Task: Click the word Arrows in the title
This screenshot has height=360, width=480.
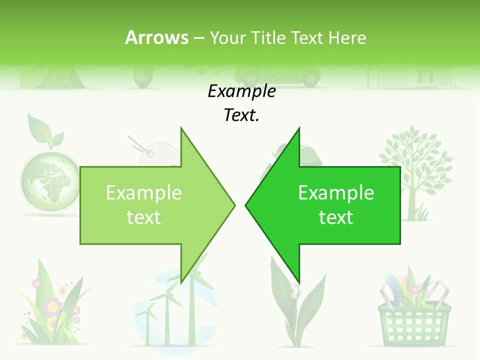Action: (156, 37)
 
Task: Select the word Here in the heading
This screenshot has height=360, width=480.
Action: (347, 37)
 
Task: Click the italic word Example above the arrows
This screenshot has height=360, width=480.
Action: (241, 91)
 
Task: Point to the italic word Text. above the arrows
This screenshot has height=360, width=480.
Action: (241, 115)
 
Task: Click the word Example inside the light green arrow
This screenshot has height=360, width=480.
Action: (143, 193)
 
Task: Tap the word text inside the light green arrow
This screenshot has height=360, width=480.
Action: (143, 217)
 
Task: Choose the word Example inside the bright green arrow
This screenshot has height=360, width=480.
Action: (336, 193)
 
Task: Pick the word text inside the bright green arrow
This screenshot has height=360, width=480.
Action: (336, 217)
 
